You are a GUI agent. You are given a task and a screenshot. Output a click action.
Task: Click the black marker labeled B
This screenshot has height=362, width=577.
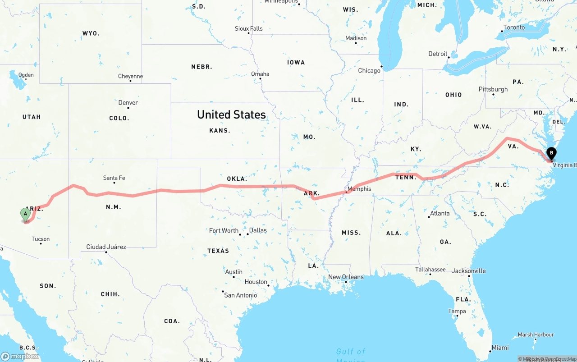(551, 154)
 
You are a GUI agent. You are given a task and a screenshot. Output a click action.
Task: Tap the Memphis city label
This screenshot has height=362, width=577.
(359, 189)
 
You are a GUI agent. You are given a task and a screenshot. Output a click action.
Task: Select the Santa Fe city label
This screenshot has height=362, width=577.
(114, 178)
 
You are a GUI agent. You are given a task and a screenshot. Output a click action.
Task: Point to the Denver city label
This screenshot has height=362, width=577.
(128, 102)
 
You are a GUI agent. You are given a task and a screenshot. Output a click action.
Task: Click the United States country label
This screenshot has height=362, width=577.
(231, 115)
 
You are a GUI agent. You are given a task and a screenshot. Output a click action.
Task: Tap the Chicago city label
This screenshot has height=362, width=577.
(369, 70)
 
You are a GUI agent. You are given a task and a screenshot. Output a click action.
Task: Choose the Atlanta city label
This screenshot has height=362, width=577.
(440, 213)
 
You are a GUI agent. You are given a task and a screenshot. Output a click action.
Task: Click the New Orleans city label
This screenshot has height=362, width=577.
(346, 277)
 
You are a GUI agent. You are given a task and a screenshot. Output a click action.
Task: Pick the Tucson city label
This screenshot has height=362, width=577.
(41, 239)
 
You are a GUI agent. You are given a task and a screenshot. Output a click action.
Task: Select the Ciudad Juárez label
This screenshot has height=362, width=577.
(106, 247)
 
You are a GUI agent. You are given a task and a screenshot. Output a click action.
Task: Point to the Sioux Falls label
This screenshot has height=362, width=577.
(248, 28)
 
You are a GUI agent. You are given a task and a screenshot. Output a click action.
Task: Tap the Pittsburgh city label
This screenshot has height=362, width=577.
(493, 89)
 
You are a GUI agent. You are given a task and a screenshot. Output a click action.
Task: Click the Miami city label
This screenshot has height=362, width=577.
(500, 348)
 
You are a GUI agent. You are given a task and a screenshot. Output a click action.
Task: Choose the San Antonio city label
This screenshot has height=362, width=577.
(241, 295)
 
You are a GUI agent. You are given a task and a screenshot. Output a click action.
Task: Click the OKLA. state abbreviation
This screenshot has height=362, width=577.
(237, 179)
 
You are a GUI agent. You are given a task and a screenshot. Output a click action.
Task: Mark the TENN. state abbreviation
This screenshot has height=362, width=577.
(406, 177)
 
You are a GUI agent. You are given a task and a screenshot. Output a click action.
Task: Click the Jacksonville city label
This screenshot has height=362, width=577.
(469, 271)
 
